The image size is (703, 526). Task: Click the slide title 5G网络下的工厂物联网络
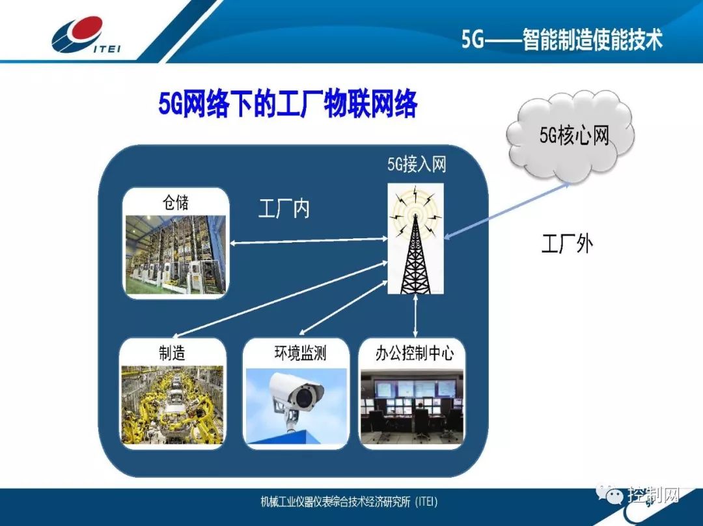click(287, 104)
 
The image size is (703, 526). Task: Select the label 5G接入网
click(417, 165)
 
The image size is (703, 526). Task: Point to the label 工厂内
click(284, 210)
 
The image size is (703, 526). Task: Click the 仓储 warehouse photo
click(176, 255)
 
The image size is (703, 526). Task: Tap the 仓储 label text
click(176, 202)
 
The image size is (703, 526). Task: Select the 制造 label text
click(172, 353)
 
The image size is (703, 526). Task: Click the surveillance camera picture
click(296, 406)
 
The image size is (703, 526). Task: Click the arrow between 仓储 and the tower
click(307, 242)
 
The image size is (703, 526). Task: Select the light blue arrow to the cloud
click(507, 212)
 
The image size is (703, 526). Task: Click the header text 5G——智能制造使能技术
click(562, 40)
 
